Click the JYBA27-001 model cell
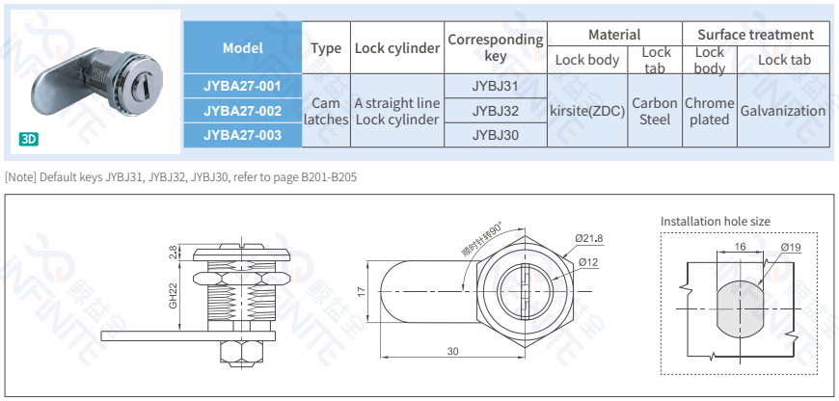242,86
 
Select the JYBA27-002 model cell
242,111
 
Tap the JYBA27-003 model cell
242,136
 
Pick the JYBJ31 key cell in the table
496,86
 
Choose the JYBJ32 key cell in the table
496,111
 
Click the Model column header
242,47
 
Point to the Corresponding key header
496,47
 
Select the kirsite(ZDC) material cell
587,111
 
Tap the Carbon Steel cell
655,111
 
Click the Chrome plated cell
709,111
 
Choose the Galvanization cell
782,111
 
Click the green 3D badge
29,139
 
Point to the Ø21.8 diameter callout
589,238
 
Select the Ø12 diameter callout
588,261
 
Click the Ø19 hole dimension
791,248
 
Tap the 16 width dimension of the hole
741,247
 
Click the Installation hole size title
715,222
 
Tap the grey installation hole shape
740,307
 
